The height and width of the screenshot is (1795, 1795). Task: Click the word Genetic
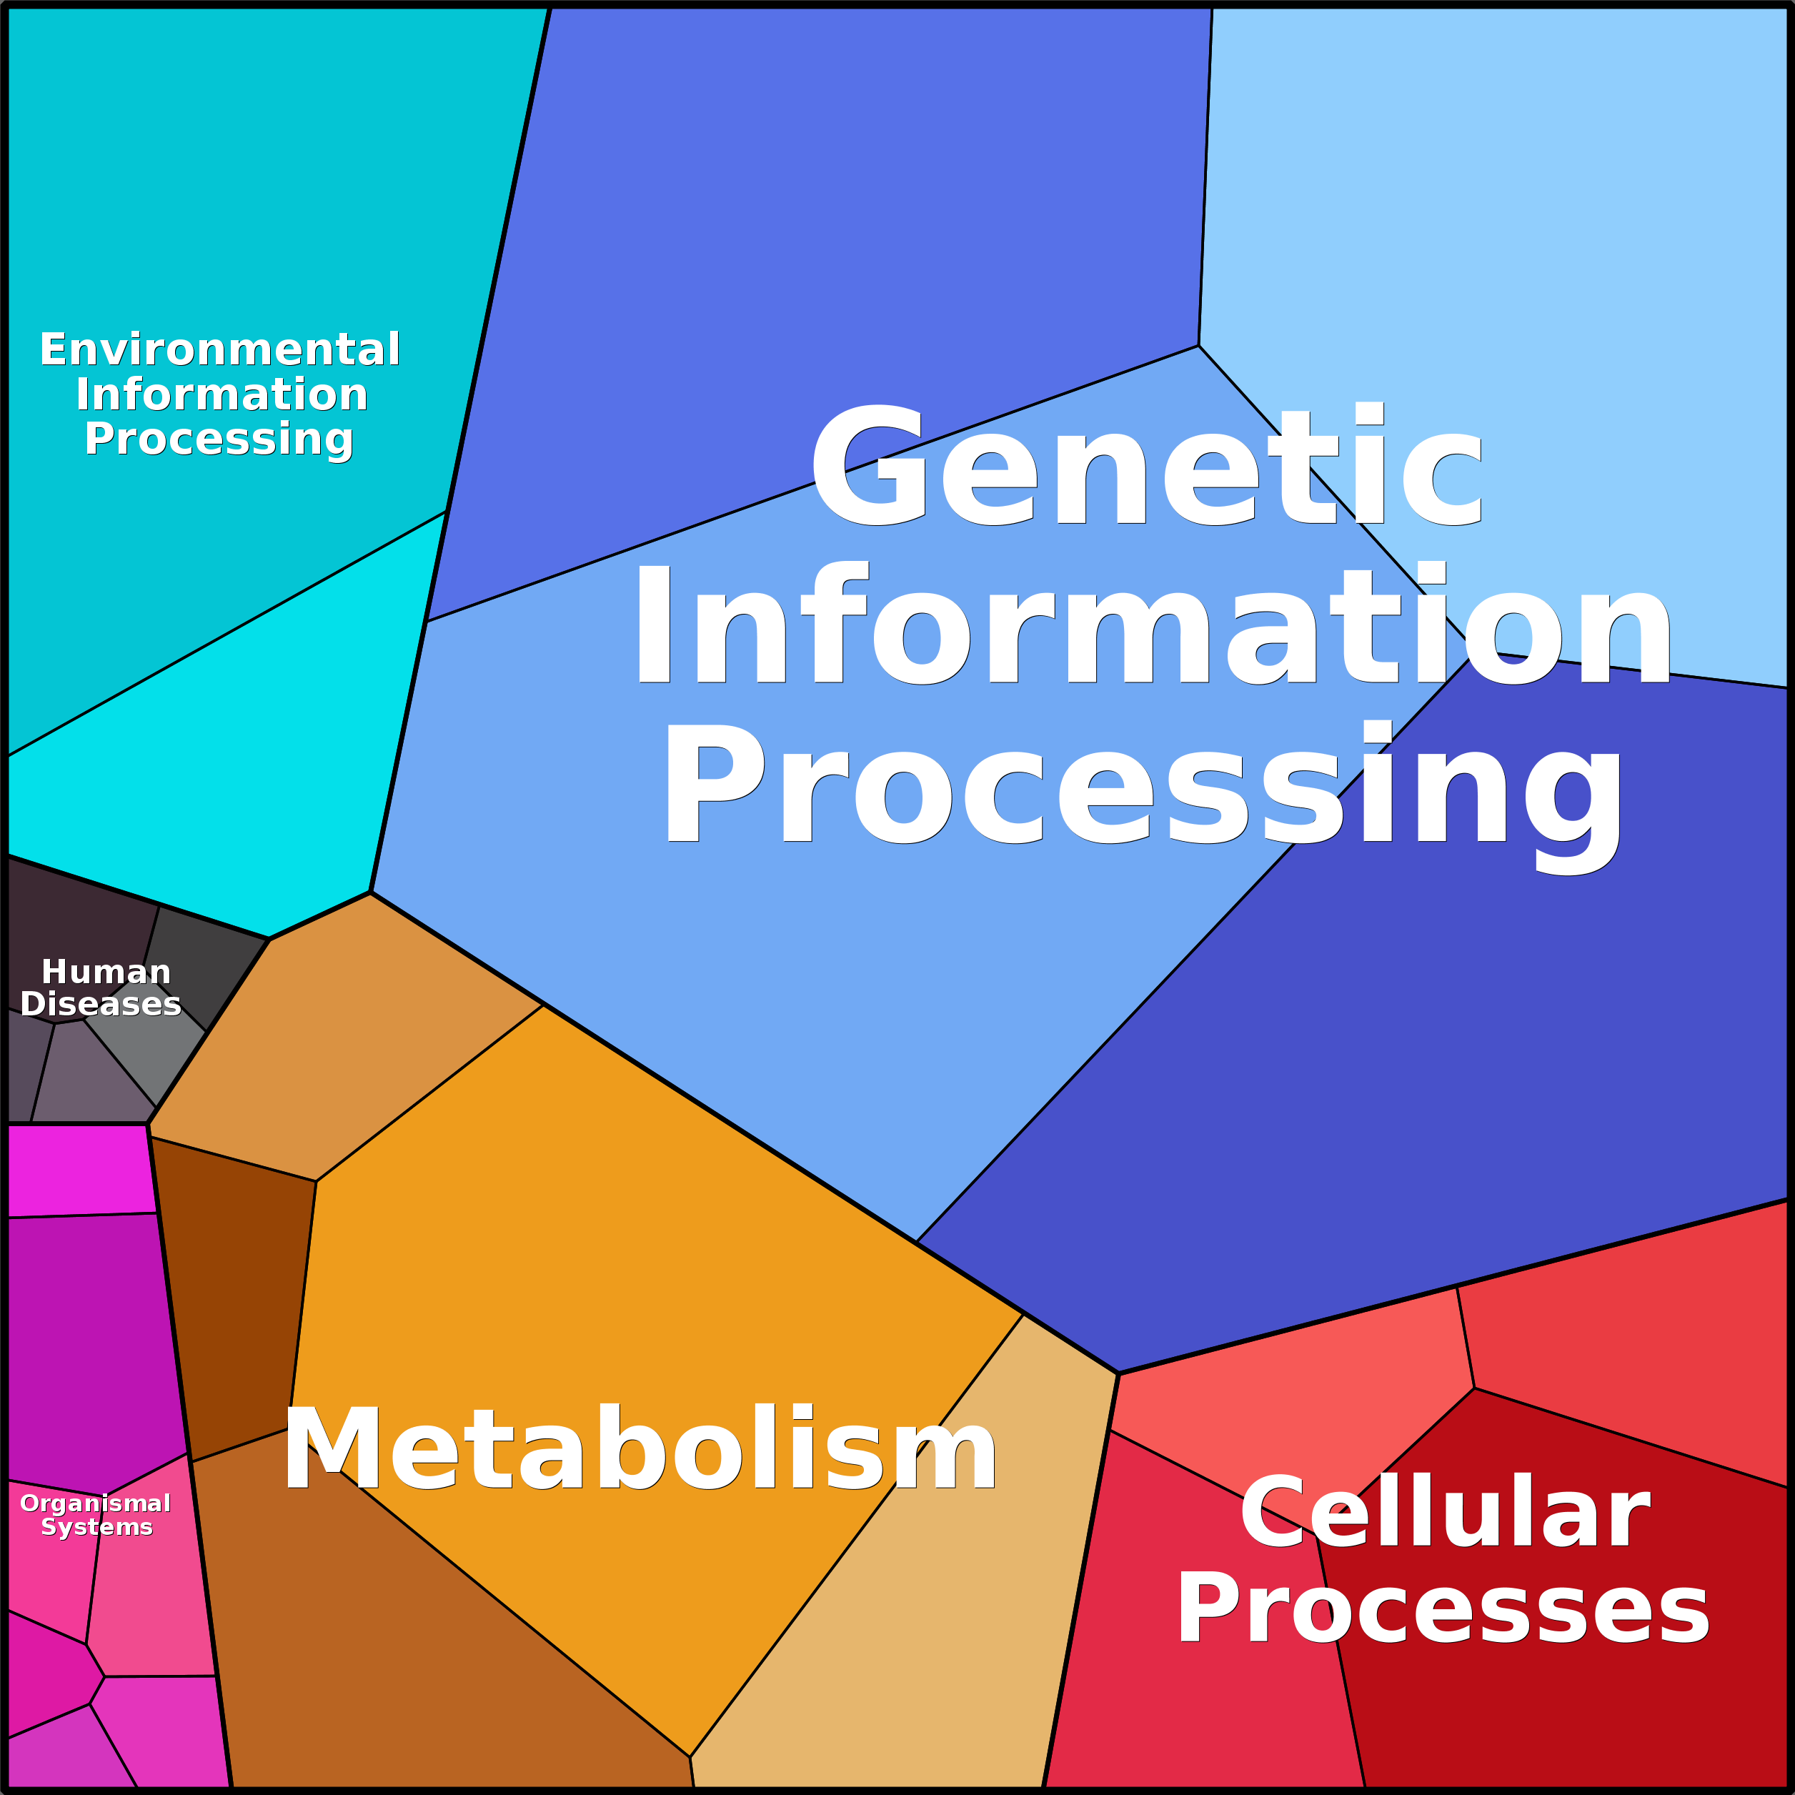[1148, 464]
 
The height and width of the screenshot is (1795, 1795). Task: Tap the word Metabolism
[640, 1449]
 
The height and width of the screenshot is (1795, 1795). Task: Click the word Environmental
[220, 349]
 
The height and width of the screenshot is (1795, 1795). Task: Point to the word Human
[106, 972]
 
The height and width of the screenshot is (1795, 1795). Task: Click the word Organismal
[96, 1503]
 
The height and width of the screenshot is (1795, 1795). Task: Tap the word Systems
[96, 1528]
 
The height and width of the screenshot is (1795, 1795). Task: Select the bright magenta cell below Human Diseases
[79, 1170]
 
